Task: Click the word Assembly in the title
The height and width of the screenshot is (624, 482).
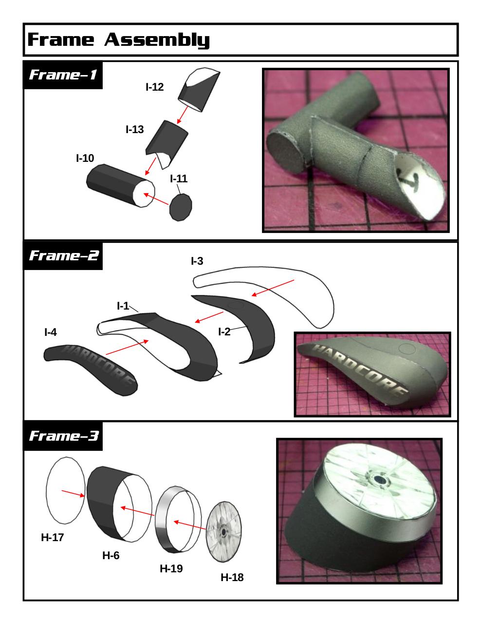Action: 157,39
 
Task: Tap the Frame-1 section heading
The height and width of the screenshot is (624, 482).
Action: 63,75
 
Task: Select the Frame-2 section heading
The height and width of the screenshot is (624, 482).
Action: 64,255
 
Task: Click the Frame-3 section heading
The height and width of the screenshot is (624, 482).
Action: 64,436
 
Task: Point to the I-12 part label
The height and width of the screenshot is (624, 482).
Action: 154,87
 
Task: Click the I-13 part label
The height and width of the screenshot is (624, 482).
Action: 134,129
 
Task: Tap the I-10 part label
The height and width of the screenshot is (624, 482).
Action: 85,158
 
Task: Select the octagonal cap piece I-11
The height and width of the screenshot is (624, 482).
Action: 180,207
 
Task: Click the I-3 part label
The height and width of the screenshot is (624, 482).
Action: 197,261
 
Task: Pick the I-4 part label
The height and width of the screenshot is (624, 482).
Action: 51,332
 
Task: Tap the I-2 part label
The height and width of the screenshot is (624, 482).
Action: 224,332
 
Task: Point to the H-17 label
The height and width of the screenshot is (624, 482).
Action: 52,537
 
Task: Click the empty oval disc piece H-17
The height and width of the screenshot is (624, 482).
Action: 66,490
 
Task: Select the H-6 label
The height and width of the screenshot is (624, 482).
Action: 111,555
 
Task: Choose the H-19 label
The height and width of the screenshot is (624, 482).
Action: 171,568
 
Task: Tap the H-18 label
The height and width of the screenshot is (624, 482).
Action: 232,577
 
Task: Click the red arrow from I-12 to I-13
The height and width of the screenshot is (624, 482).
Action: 183,115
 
